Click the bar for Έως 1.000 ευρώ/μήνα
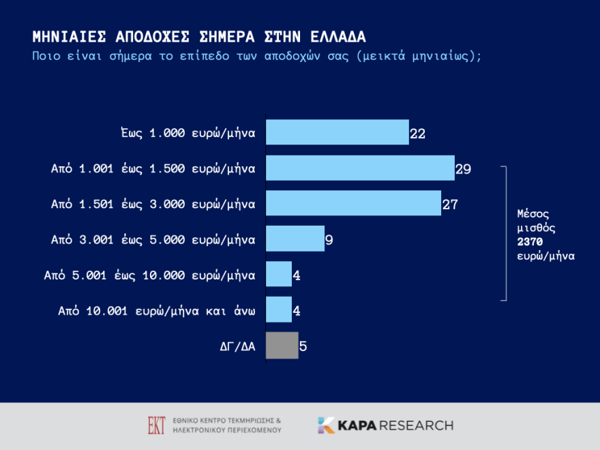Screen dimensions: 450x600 click(337, 132)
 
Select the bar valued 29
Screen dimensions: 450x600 click(359, 168)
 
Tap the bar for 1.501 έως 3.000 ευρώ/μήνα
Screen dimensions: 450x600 click(352, 203)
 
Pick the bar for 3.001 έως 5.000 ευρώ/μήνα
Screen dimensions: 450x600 click(295, 239)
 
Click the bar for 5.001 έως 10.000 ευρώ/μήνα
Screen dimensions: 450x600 click(278, 274)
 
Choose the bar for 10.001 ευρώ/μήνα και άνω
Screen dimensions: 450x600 click(278, 310)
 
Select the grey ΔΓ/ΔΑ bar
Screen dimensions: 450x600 click(282, 345)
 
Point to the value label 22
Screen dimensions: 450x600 click(418, 134)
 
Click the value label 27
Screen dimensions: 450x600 click(449, 205)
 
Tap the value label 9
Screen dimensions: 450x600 click(329, 240)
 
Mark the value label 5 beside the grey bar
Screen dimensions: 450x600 click(303, 346)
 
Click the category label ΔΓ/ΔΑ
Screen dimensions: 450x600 click(233, 346)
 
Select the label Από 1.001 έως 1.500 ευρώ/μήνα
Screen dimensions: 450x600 click(153, 168)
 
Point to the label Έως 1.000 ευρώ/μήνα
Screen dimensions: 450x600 click(187, 132)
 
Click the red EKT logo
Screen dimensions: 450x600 click(156, 425)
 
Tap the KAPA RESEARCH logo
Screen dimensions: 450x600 click(385, 425)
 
